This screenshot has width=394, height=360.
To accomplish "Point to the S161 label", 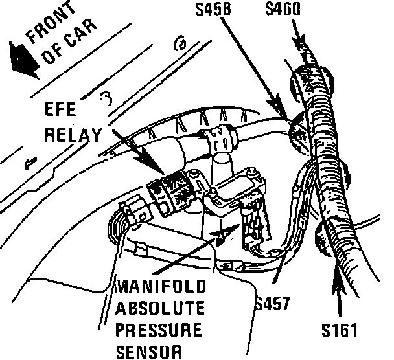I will pos(340,332).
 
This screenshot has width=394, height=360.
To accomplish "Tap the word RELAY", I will pos(75,135).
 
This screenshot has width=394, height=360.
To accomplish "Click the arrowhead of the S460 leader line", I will pos(299,45).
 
